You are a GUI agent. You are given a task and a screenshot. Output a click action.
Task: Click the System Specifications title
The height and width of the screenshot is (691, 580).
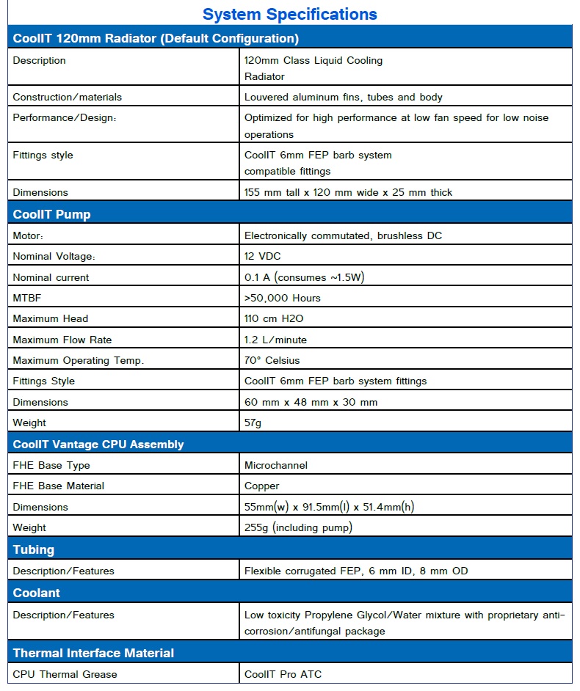point(289,14)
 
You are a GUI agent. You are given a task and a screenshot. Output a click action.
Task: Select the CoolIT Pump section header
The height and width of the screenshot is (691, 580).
point(52,214)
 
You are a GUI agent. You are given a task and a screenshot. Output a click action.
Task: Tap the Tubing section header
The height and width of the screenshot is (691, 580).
point(34,549)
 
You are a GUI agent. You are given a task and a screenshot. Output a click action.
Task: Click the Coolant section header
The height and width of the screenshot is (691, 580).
point(37,593)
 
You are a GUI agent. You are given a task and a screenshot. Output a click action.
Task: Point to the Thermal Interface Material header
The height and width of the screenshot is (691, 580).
point(93,653)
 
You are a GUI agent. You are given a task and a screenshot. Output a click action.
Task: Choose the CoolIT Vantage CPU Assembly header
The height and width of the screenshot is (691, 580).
point(98,445)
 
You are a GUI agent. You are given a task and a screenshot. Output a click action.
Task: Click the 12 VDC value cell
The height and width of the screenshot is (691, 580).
point(262,256)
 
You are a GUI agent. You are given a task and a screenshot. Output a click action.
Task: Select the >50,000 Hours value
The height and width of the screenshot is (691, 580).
point(282,298)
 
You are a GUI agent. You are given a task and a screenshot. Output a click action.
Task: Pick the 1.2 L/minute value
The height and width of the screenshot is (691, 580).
point(275,340)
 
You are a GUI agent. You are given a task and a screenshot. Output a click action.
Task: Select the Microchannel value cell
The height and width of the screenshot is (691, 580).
point(276,465)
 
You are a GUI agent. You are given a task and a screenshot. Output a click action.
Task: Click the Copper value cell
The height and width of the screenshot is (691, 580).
point(262,486)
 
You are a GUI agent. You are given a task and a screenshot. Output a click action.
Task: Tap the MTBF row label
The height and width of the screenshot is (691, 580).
point(27,298)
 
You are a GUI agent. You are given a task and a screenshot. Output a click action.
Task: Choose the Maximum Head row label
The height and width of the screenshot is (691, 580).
point(51,318)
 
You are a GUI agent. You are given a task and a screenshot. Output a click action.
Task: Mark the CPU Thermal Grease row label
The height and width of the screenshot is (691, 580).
point(65,674)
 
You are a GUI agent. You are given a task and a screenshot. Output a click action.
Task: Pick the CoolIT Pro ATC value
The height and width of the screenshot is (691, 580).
point(283,674)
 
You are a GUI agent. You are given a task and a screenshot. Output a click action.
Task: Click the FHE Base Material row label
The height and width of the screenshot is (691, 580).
point(59,486)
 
